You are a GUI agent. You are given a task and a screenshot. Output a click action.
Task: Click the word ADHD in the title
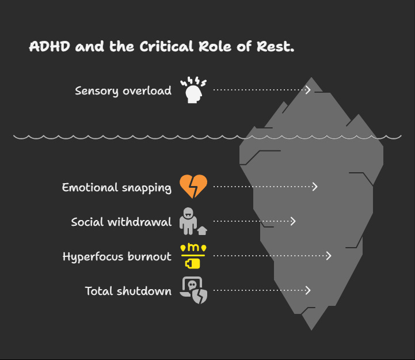click(x=51, y=47)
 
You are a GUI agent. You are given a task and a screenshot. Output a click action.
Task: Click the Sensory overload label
click(x=123, y=90)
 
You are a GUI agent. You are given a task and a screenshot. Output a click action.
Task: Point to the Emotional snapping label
click(x=117, y=187)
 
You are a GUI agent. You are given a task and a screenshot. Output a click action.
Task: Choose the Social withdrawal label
click(x=121, y=222)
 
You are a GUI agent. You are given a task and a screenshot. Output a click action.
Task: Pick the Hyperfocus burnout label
click(x=117, y=256)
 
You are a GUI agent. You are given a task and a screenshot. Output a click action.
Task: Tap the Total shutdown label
click(x=128, y=291)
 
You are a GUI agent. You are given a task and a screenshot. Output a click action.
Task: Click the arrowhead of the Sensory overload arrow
click(x=309, y=90)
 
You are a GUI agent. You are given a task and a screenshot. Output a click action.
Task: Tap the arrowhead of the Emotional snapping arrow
click(x=315, y=187)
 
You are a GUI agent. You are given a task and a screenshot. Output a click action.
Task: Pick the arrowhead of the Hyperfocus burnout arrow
click(x=329, y=256)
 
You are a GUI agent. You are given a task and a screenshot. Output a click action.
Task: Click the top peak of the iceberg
click(x=311, y=78)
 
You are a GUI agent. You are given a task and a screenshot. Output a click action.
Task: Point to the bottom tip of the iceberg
click(x=311, y=329)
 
